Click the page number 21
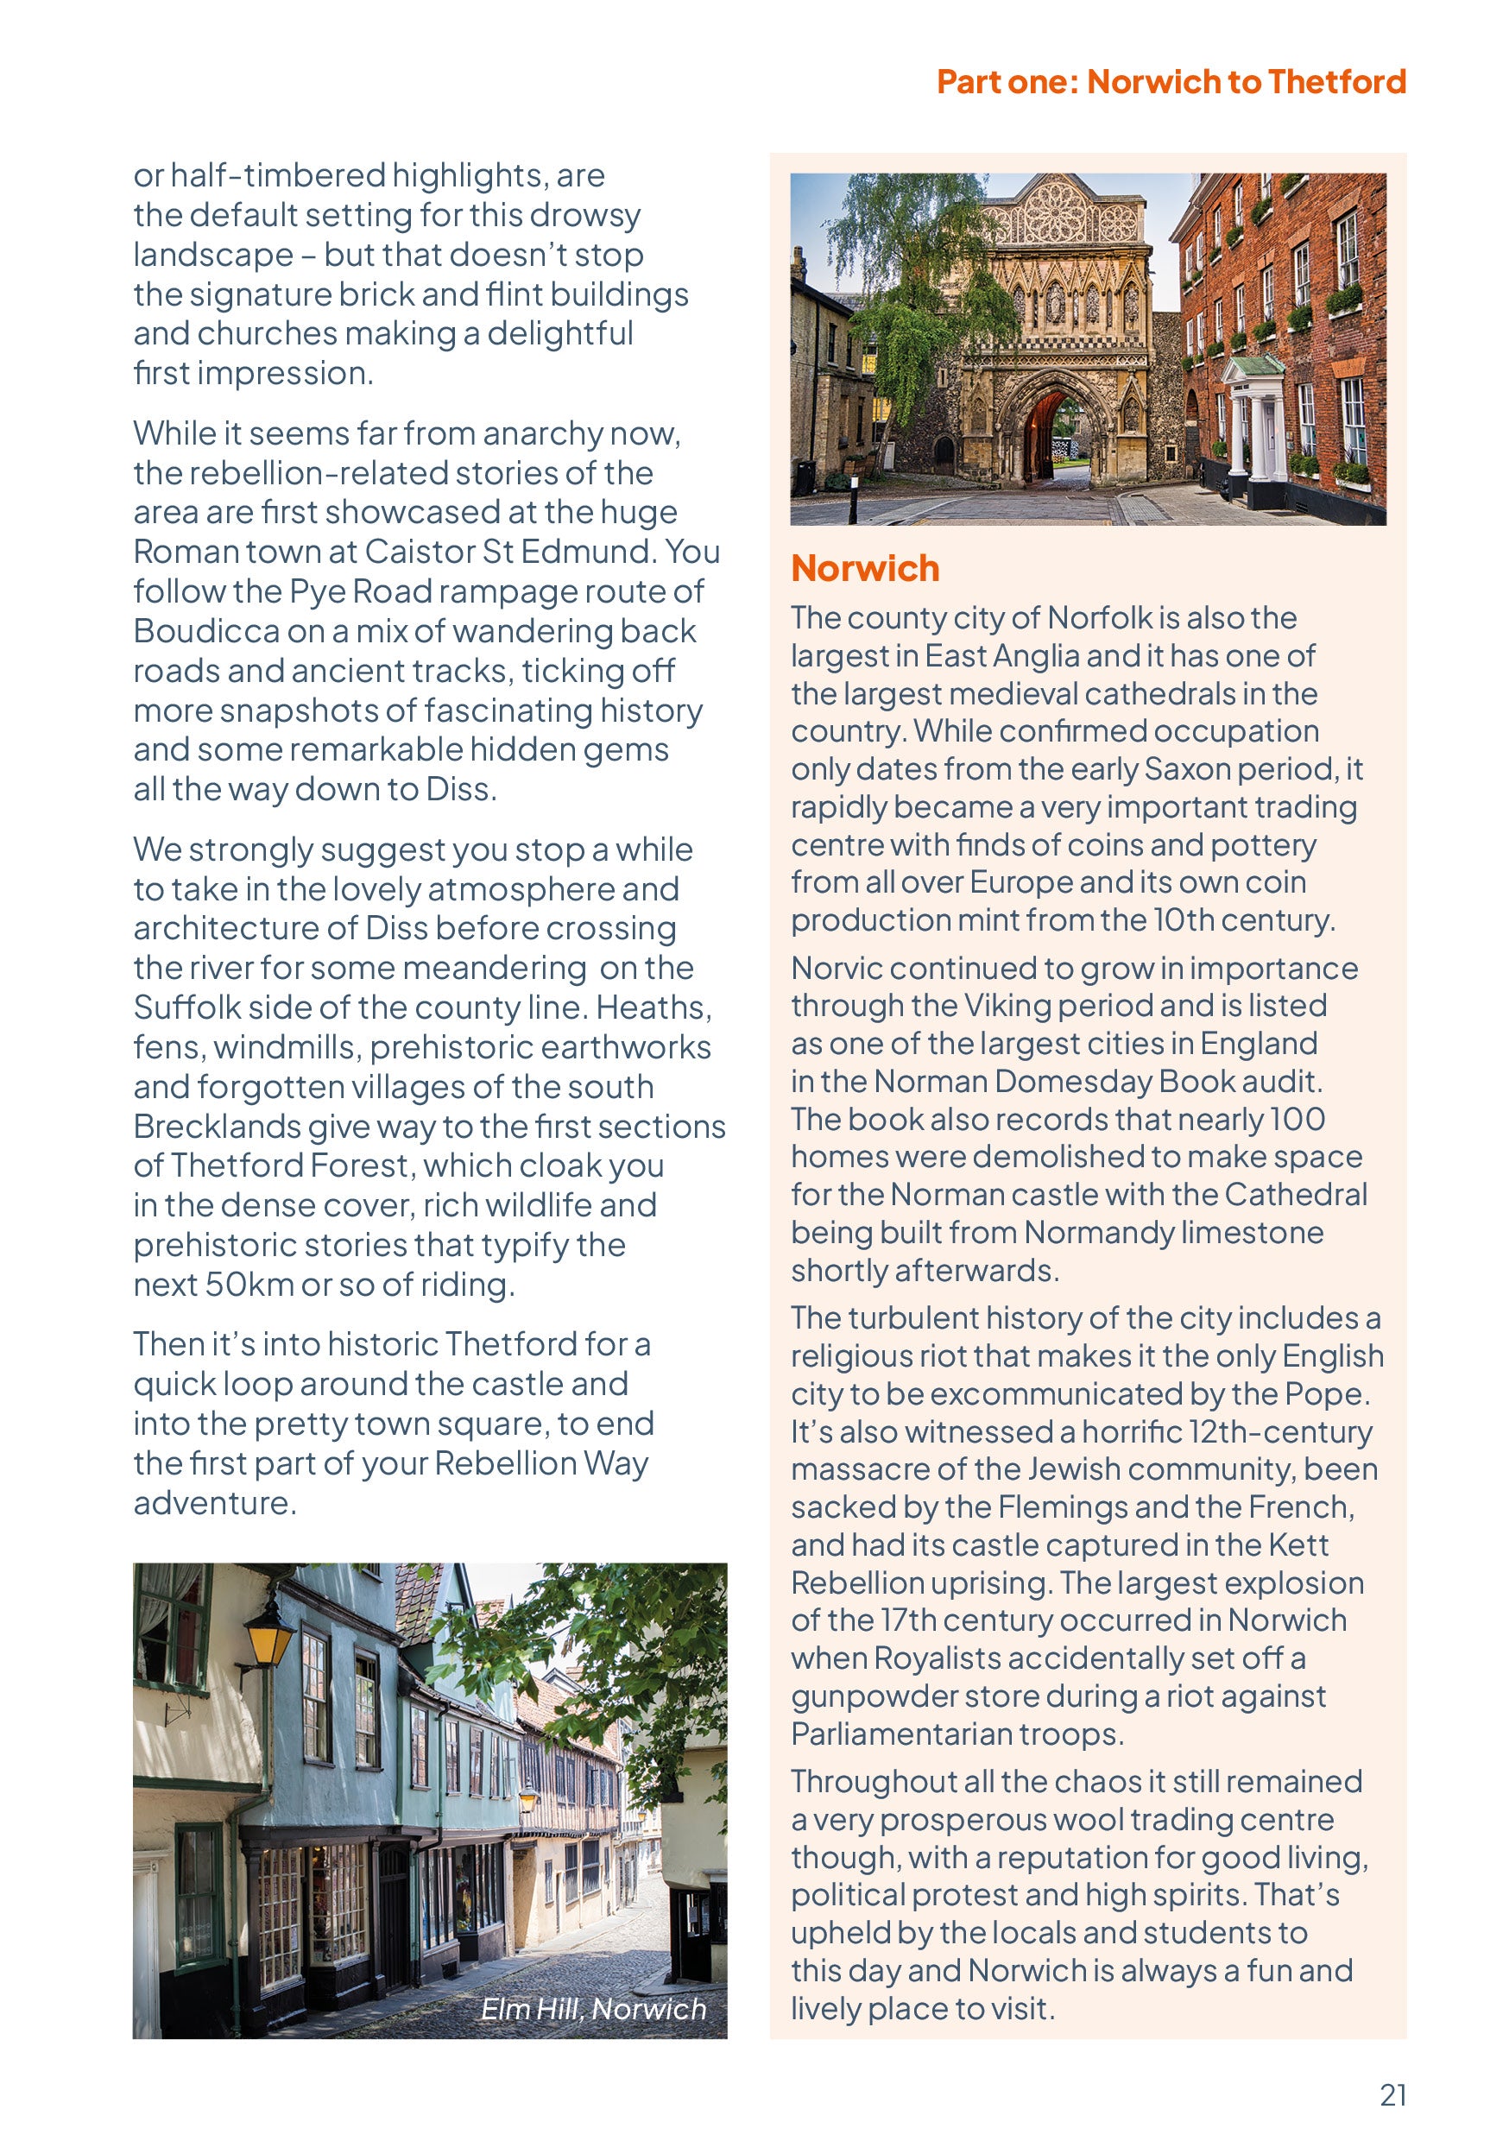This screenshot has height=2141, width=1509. click(1392, 2094)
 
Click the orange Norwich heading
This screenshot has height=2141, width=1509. click(864, 568)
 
